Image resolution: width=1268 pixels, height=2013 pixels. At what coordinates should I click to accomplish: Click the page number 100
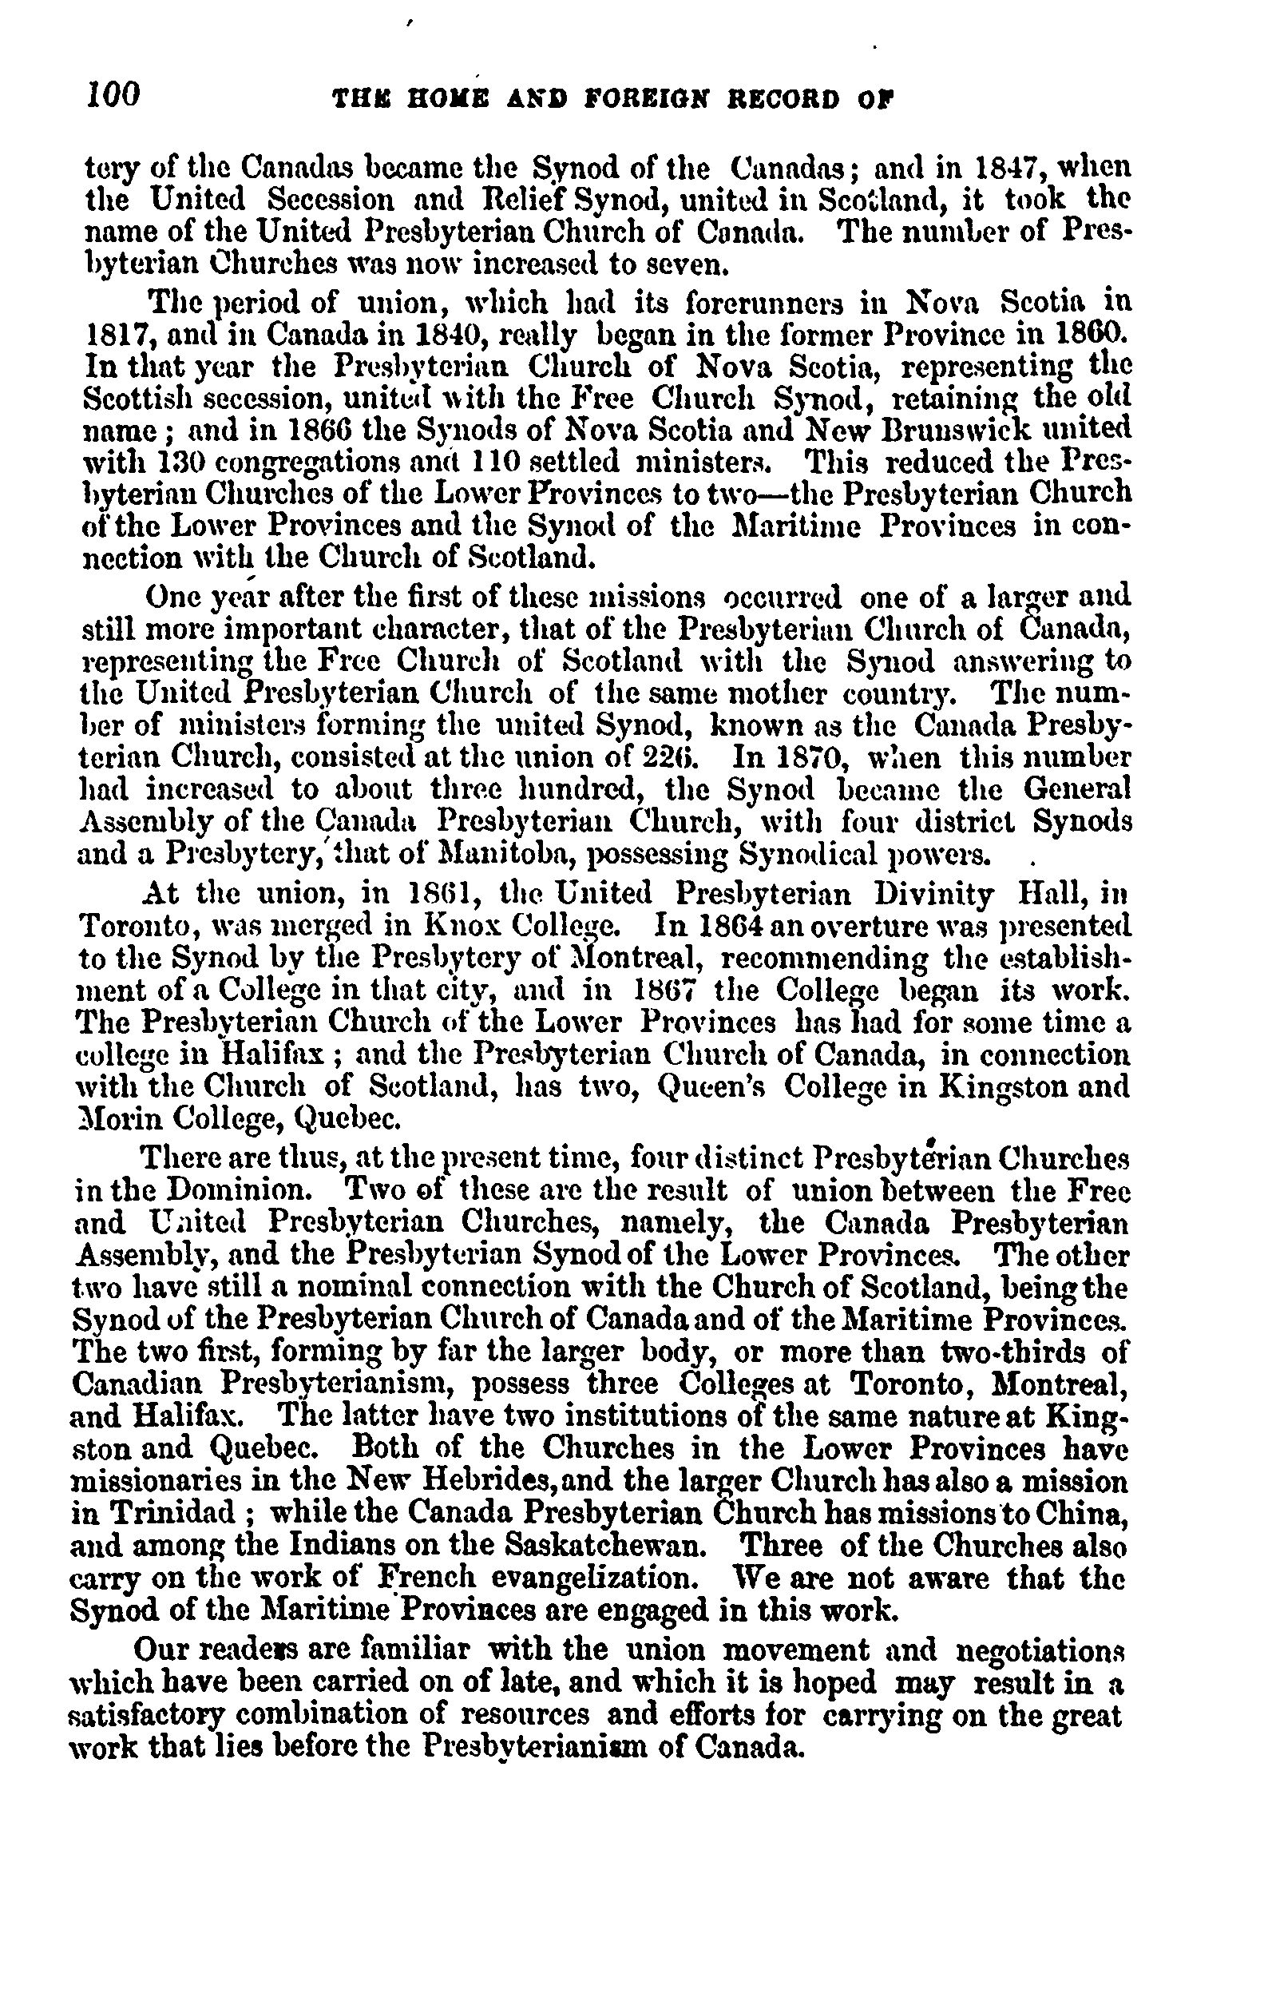point(113,94)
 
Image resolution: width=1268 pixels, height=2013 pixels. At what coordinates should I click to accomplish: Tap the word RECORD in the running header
point(775,100)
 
